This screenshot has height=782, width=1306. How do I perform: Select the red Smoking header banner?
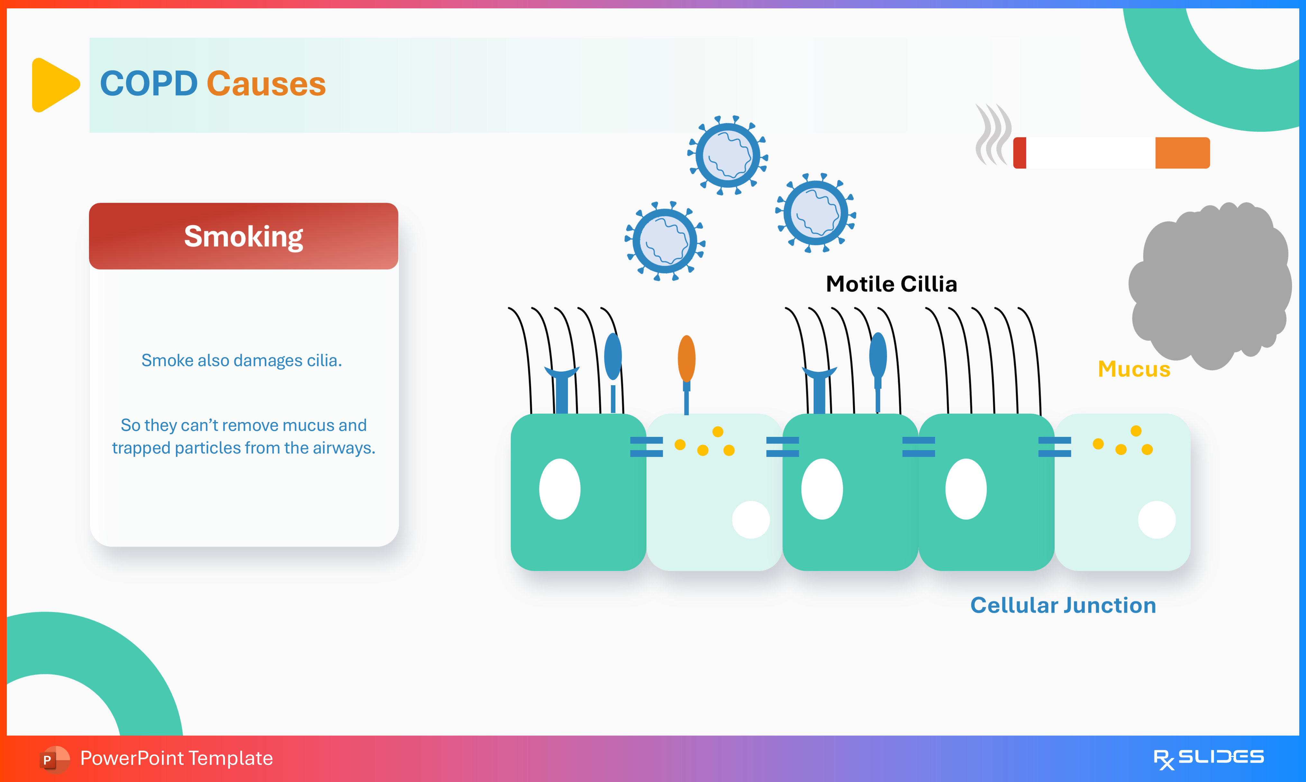tap(243, 236)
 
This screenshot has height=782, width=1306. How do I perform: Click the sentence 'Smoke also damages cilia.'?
tap(242, 360)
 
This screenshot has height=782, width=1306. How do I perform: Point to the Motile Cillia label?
tap(891, 284)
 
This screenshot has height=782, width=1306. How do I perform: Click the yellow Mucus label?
tap(1134, 369)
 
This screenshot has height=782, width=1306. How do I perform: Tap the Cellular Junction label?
tap(1063, 605)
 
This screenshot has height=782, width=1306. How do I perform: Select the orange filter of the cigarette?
tap(1182, 153)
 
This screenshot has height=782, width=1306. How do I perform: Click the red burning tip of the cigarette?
tap(1019, 153)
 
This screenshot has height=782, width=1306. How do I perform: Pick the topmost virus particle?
tap(728, 155)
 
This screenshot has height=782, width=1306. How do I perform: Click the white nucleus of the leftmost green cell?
tap(559, 489)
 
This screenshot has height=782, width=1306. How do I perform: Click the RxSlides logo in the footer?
tap(1208, 758)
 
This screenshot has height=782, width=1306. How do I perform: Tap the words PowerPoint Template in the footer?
tap(176, 758)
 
